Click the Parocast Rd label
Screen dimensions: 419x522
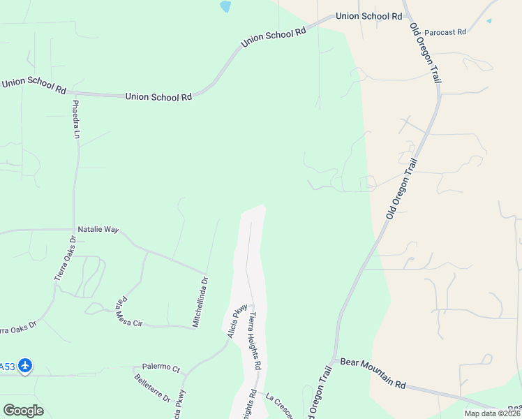(445, 32)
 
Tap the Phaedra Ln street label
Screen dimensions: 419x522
(75, 119)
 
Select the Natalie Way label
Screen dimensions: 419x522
(98, 228)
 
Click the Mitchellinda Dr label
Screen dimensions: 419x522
(201, 302)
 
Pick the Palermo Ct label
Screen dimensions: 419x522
(161, 367)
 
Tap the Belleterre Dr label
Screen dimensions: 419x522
(152, 388)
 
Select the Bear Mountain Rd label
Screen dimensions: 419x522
(373, 373)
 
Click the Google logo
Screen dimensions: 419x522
(23, 411)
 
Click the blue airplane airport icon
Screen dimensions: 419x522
(26, 365)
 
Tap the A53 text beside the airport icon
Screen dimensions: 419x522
(7, 366)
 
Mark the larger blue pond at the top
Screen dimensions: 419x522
(225, 7)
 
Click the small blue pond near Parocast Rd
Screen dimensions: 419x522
(489, 21)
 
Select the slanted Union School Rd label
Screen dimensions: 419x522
(274, 37)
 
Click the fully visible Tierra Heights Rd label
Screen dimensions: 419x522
(254, 340)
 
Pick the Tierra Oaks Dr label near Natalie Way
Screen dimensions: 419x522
(65, 258)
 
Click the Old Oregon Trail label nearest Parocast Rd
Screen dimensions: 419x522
(425, 53)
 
